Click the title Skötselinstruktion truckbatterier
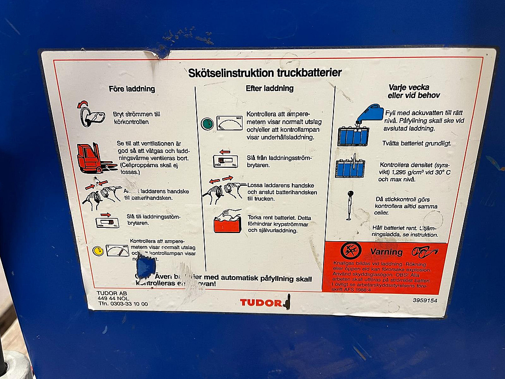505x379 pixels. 265,73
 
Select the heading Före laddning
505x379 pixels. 132,89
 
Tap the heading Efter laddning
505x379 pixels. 270,88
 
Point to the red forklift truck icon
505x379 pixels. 95,157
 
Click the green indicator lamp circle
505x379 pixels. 207,124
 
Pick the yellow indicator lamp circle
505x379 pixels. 98,251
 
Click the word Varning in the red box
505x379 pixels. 386,252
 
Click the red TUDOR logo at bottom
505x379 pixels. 261,302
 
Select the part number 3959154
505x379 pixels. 425,300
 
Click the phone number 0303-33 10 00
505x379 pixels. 129,304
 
